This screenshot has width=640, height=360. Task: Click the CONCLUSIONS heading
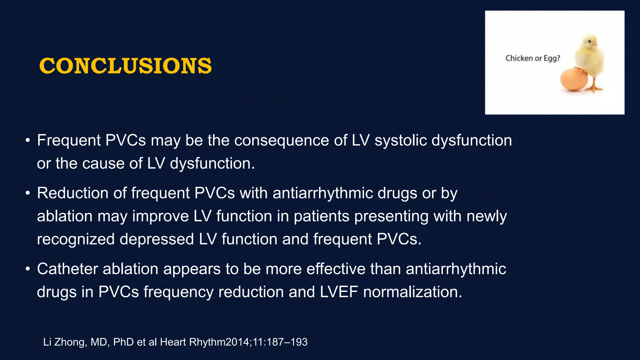125,66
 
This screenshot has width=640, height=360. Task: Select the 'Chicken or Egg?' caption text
532,58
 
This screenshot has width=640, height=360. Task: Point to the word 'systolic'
401,140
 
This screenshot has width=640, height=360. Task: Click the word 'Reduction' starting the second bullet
72,193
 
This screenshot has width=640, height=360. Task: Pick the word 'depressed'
157,239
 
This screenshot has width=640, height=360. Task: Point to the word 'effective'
336,269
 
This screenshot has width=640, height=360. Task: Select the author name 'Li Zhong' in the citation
64,342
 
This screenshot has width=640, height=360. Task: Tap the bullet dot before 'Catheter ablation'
28,269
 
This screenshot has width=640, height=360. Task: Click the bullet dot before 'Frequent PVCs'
28,141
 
